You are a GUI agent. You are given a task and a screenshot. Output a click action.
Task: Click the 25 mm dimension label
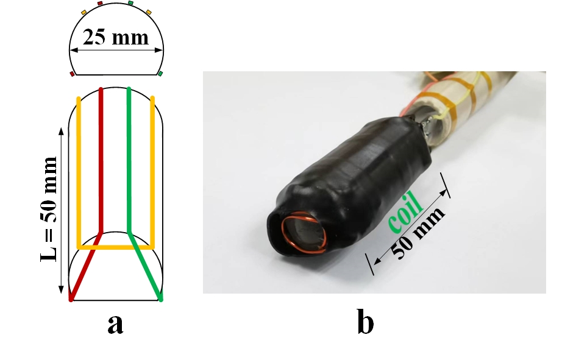(116, 38)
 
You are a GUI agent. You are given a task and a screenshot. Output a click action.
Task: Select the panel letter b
(365, 324)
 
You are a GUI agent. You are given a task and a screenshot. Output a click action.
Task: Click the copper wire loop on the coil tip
(304, 235)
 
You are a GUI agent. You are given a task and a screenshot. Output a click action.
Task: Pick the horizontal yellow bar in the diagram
(115, 247)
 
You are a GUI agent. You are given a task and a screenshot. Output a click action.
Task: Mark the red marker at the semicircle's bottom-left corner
(73, 74)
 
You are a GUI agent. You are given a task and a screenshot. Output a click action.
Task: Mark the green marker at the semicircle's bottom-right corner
(160, 74)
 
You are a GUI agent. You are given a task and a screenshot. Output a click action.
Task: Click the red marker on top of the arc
(100, 4)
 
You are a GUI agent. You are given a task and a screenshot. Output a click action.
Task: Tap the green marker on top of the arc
(131, 4)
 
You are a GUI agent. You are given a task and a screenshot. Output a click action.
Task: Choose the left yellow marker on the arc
(84, 11)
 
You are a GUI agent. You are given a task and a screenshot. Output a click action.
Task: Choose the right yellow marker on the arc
(148, 11)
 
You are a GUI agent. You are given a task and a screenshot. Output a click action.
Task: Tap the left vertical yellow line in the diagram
(78, 171)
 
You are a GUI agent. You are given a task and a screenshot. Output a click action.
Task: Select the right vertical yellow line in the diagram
(152, 171)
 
